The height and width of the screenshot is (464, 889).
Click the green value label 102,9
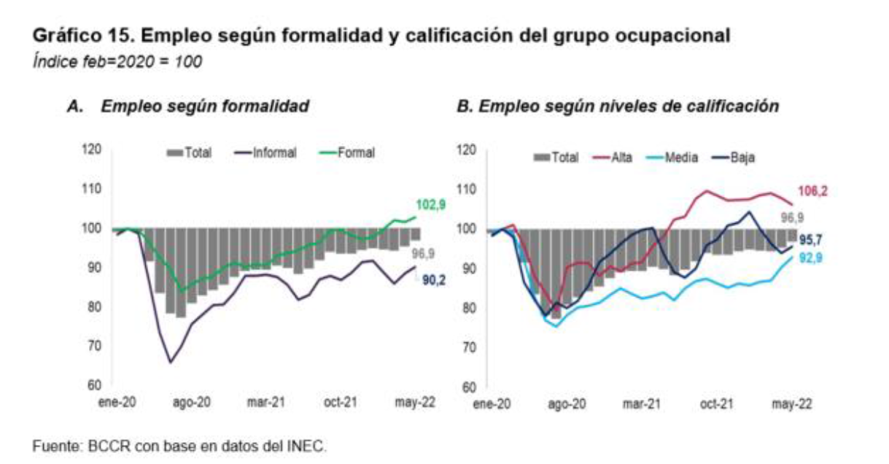(431, 205)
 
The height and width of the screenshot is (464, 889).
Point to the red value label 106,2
(815, 191)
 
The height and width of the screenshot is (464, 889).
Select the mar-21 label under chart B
(643, 402)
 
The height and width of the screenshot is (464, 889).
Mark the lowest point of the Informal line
(171, 362)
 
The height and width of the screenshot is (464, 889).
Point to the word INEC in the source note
(309, 445)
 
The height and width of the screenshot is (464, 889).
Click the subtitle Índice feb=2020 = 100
(117, 61)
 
